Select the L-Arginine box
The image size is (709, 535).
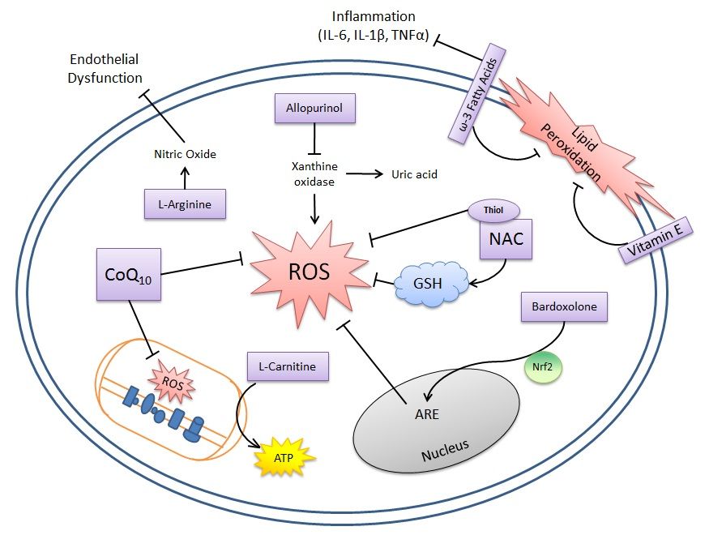coord(185,204)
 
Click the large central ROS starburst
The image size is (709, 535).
coord(309,270)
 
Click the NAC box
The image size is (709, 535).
coord(506,239)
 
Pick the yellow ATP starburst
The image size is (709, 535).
coord(283,458)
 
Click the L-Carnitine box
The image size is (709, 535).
coord(288,367)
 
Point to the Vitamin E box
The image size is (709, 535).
coord(656,241)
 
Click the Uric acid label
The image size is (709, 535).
coord(415,174)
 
